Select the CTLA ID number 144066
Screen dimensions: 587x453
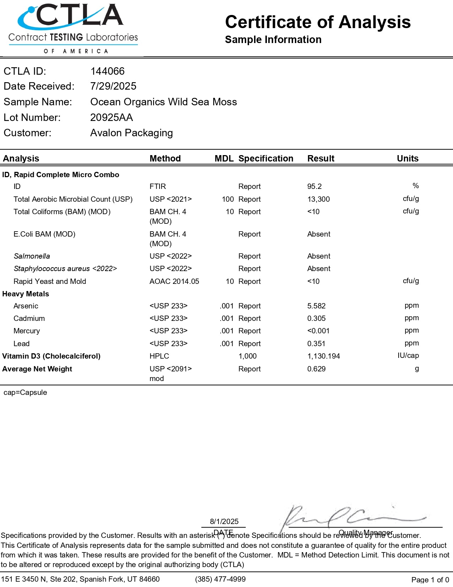coord(107,71)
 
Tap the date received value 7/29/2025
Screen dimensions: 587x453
coord(113,86)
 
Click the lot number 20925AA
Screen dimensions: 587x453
coord(112,117)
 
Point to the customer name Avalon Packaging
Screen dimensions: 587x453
coord(131,133)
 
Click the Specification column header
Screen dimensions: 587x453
coord(266,159)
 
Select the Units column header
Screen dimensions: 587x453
coord(408,159)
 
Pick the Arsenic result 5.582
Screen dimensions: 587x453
coord(316,306)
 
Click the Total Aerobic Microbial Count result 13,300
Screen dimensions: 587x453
coord(318,199)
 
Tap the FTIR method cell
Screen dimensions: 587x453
coord(158,186)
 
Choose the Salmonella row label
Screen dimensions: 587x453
coord(32,256)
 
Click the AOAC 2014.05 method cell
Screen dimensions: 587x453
coord(174,281)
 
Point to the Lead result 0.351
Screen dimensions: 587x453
coord(316,344)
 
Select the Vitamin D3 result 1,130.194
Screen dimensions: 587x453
coord(323,356)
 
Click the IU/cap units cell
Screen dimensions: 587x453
coord(408,355)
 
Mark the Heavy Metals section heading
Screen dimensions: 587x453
coord(26,294)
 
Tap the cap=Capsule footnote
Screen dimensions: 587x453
coord(25,392)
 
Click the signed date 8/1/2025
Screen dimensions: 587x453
coord(224,522)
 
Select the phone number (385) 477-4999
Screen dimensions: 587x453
coord(220,579)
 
